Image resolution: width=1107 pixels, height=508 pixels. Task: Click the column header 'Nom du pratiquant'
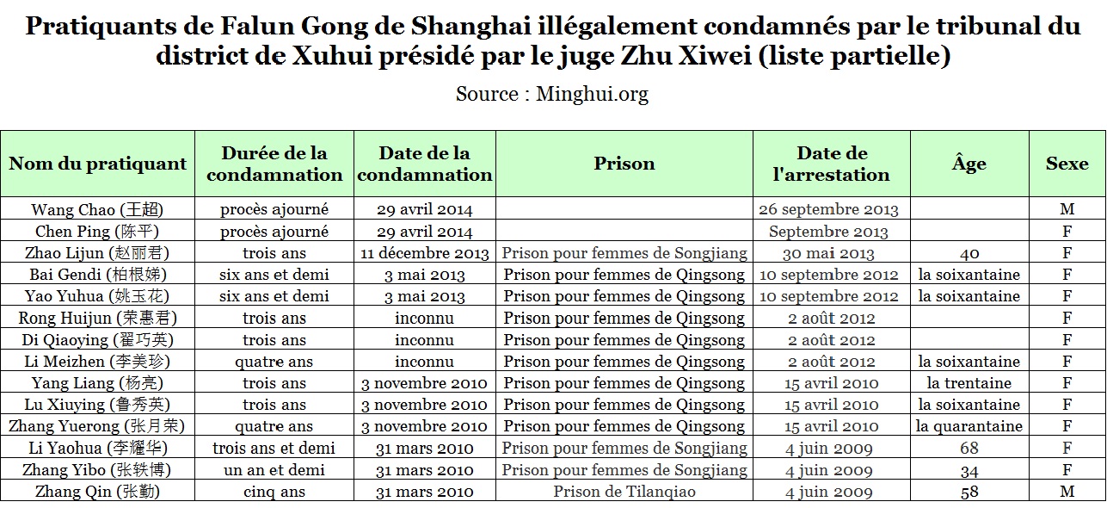98,164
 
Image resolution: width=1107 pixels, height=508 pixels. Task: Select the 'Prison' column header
624,164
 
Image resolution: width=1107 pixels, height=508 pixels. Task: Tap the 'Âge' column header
969,164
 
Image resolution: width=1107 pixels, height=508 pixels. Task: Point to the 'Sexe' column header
1067,164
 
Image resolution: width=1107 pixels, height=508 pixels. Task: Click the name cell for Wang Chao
97,209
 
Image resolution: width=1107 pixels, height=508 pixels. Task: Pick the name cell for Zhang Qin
97,492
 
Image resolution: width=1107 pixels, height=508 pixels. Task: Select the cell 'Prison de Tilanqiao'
624,492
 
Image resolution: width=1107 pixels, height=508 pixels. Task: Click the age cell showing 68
969,449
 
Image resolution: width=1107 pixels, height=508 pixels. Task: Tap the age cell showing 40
969,253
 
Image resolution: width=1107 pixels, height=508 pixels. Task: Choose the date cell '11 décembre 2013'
425,253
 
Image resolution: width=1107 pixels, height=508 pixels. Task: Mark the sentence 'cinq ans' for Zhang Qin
274,492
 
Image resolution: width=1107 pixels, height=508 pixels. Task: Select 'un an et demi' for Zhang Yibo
274,470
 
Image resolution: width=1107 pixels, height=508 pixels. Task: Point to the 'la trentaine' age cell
969,383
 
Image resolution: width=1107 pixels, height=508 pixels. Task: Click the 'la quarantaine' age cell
969,426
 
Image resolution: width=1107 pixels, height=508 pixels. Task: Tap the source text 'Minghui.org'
592,94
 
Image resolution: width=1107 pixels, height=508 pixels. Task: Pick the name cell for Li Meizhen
97,362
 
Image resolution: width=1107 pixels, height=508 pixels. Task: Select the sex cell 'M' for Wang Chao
1067,209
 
